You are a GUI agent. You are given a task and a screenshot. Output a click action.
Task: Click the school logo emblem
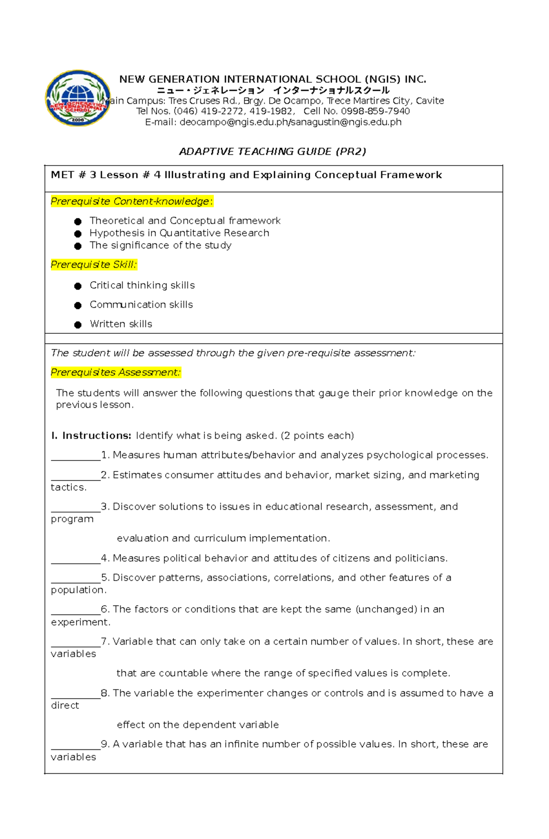tap(78, 98)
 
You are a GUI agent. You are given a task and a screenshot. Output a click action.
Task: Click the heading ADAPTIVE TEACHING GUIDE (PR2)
tap(273, 151)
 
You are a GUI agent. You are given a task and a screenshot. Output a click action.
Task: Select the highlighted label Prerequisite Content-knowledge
tap(131, 201)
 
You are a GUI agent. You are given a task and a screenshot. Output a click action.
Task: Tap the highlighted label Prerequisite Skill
tap(93, 264)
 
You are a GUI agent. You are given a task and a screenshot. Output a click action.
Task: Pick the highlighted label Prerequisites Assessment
tap(115, 372)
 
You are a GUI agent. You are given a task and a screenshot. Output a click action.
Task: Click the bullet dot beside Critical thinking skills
tap(78, 286)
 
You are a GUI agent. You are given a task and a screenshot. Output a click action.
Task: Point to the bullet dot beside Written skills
tap(78, 325)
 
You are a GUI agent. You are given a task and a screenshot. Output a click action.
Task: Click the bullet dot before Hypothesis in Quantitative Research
tap(78, 234)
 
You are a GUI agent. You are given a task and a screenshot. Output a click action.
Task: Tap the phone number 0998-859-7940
tap(375, 111)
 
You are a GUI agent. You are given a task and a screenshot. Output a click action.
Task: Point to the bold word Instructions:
tap(97, 435)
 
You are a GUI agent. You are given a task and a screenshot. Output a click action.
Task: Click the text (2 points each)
tap(318, 435)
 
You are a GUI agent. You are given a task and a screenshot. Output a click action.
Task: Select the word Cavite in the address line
tap(430, 101)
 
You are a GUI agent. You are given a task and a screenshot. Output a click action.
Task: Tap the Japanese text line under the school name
tap(273, 90)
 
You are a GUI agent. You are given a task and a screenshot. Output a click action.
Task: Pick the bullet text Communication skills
tap(141, 305)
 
